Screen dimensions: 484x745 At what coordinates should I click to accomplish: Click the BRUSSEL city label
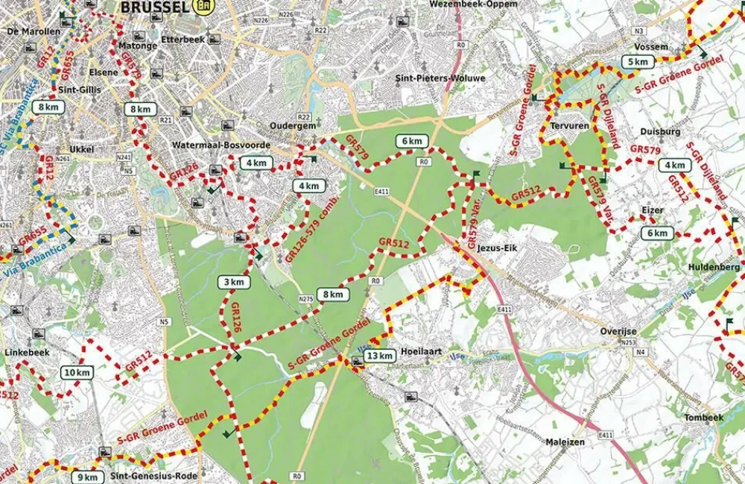pyautogui.click(x=153, y=7)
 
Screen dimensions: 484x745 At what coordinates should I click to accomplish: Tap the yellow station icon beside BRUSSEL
pyautogui.click(x=201, y=6)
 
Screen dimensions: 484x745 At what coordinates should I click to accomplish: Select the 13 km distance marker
pyautogui.click(x=379, y=356)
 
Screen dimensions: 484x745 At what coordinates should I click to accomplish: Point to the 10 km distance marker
pyautogui.click(x=77, y=373)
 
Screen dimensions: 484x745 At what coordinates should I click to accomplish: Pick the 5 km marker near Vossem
pyautogui.click(x=637, y=62)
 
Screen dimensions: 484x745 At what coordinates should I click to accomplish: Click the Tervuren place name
pyautogui.click(x=569, y=126)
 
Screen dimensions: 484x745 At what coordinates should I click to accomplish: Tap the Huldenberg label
pyautogui.click(x=719, y=266)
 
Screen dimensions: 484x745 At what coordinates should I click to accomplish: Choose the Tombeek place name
pyautogui.click(x=703, y=418)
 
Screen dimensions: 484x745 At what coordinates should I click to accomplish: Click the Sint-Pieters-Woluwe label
pyautogui.click(x=440, y=78)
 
